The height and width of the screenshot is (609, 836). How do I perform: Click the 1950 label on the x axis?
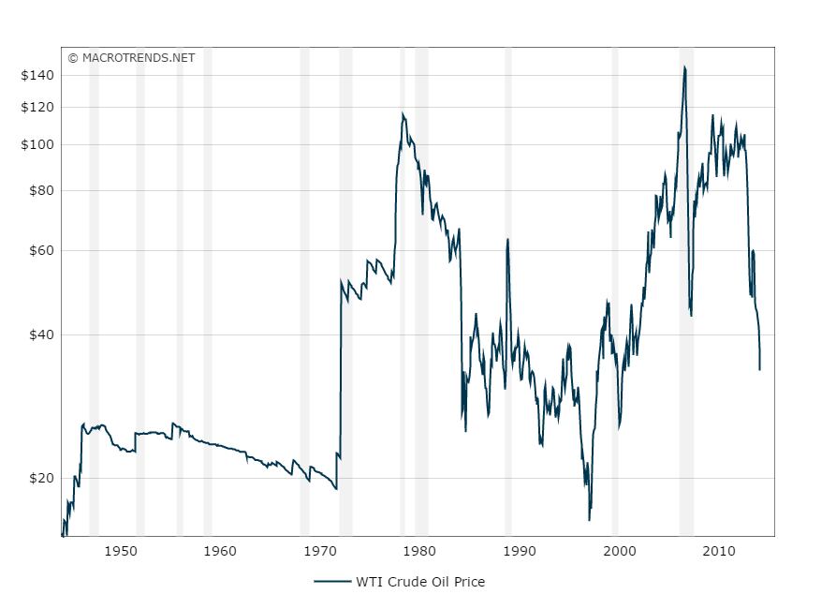pos(121,551)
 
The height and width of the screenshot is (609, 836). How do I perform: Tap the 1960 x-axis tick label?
pos(220,551)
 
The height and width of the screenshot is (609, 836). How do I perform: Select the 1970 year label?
pos(319,551)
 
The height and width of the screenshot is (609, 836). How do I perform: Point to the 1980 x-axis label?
pos(418,551)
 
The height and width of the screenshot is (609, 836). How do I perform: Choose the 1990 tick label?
pos(518,551)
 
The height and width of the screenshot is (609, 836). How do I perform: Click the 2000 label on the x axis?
pos(617,551)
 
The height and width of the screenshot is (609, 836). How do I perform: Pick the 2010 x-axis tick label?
pos(716,551)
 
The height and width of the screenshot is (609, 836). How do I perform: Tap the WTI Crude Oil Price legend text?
pos(420,582)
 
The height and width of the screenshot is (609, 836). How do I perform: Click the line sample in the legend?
pos(332,582)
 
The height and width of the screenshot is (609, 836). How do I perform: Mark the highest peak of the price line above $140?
pos(684,67)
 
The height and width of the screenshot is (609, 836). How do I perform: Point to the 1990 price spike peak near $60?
pos(507,239)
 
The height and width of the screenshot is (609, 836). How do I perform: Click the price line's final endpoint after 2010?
pos(759,369)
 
